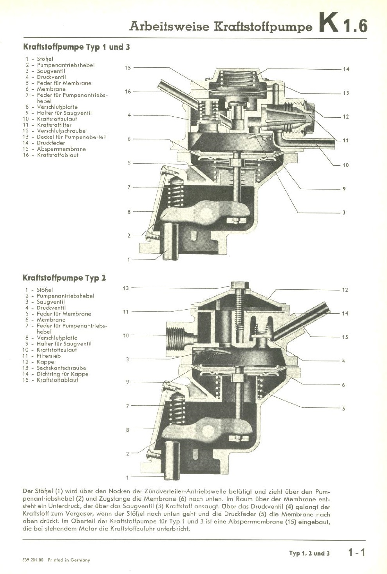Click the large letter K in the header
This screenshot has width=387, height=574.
pyautogui.click(x=328, y=24)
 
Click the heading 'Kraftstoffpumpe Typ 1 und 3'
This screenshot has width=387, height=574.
pyautogui.click(x=76, y=47)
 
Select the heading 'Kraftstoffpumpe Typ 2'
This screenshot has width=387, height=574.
pyautogui.click(x=64, y=278)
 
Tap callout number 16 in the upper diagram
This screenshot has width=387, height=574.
pyautogui.click(x=128, y=92)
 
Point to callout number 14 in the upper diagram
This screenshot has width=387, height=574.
pyautogui.click(x=346, y=69)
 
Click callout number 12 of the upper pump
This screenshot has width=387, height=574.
pyautogui.click(x=345, y=117)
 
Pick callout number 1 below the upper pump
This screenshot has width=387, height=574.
pyautogui.click(x=128, y=259)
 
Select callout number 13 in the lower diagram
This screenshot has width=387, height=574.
pyautogui.click(x=126, y=288)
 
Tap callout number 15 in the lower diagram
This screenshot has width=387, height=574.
pyautogui.click(x=345, y=337)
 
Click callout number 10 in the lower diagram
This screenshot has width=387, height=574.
pyautogui.click(x=126, y=336)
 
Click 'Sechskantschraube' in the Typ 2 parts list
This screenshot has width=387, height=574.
pyautogui.click(x=61, y=368)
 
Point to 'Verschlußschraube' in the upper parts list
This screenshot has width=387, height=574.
pyautogui.click(x=61, y=131)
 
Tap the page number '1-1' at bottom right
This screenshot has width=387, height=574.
pyautogui.click(x=356, y=552)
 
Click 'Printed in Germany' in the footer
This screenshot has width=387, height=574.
pyautogui.click(x=69, y=560)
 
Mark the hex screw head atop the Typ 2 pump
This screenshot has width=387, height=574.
pyautogui.click(x=239, y=285)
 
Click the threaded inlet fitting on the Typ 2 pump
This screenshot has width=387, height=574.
pyautogui.click(x=178, y=336)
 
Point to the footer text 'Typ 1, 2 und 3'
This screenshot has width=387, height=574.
pyautogui.click(x=309, y=553)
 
